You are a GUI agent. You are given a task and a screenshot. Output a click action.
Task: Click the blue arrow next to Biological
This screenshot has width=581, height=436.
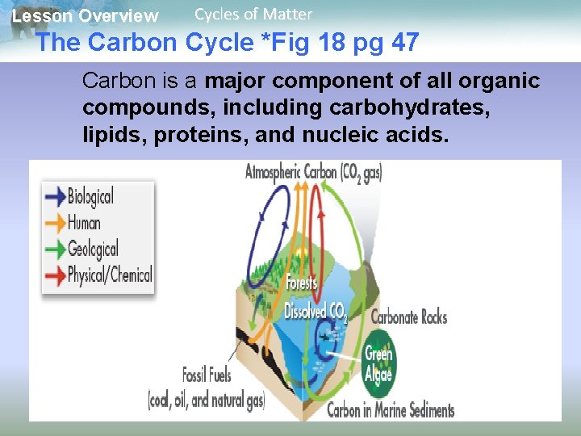[55, 195]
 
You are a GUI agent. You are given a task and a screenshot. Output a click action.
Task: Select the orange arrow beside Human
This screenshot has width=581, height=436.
[55, 222]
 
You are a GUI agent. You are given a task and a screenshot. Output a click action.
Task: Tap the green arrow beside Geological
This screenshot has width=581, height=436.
[55, 249]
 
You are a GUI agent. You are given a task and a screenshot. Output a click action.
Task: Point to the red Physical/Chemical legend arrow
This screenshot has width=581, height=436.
[55, 275]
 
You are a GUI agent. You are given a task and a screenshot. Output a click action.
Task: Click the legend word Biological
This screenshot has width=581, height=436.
[90, 196]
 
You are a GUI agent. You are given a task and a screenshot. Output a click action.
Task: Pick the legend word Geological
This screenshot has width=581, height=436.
[93, 249]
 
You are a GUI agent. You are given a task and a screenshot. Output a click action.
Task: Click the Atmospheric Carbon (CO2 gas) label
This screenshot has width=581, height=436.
[314, 172]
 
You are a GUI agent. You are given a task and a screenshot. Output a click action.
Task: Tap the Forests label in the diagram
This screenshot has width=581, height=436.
[302, 283]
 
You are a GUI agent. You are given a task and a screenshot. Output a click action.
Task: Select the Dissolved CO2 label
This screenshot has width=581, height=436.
[315, 311]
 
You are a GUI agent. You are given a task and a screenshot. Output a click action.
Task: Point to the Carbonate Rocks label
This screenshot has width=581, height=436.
[408, 317]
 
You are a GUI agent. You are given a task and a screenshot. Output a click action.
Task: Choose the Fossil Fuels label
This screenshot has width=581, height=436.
[207, 375]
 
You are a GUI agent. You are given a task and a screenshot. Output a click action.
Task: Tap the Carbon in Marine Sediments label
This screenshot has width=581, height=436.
[391, 410]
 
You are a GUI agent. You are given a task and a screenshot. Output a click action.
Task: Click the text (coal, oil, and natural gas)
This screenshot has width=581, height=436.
[207, 400]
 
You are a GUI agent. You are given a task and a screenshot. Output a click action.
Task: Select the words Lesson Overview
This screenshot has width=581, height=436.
[86, 15]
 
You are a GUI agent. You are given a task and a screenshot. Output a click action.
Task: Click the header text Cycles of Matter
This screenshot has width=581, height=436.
[253, 14]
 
